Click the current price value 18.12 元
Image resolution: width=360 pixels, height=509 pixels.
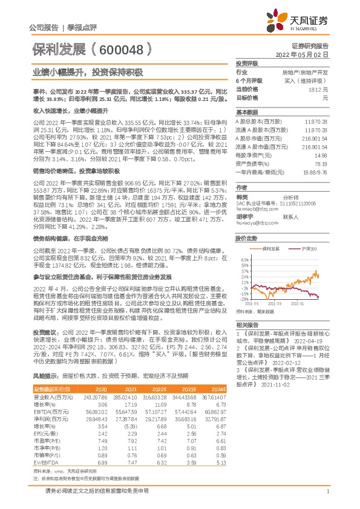point(318,89)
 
